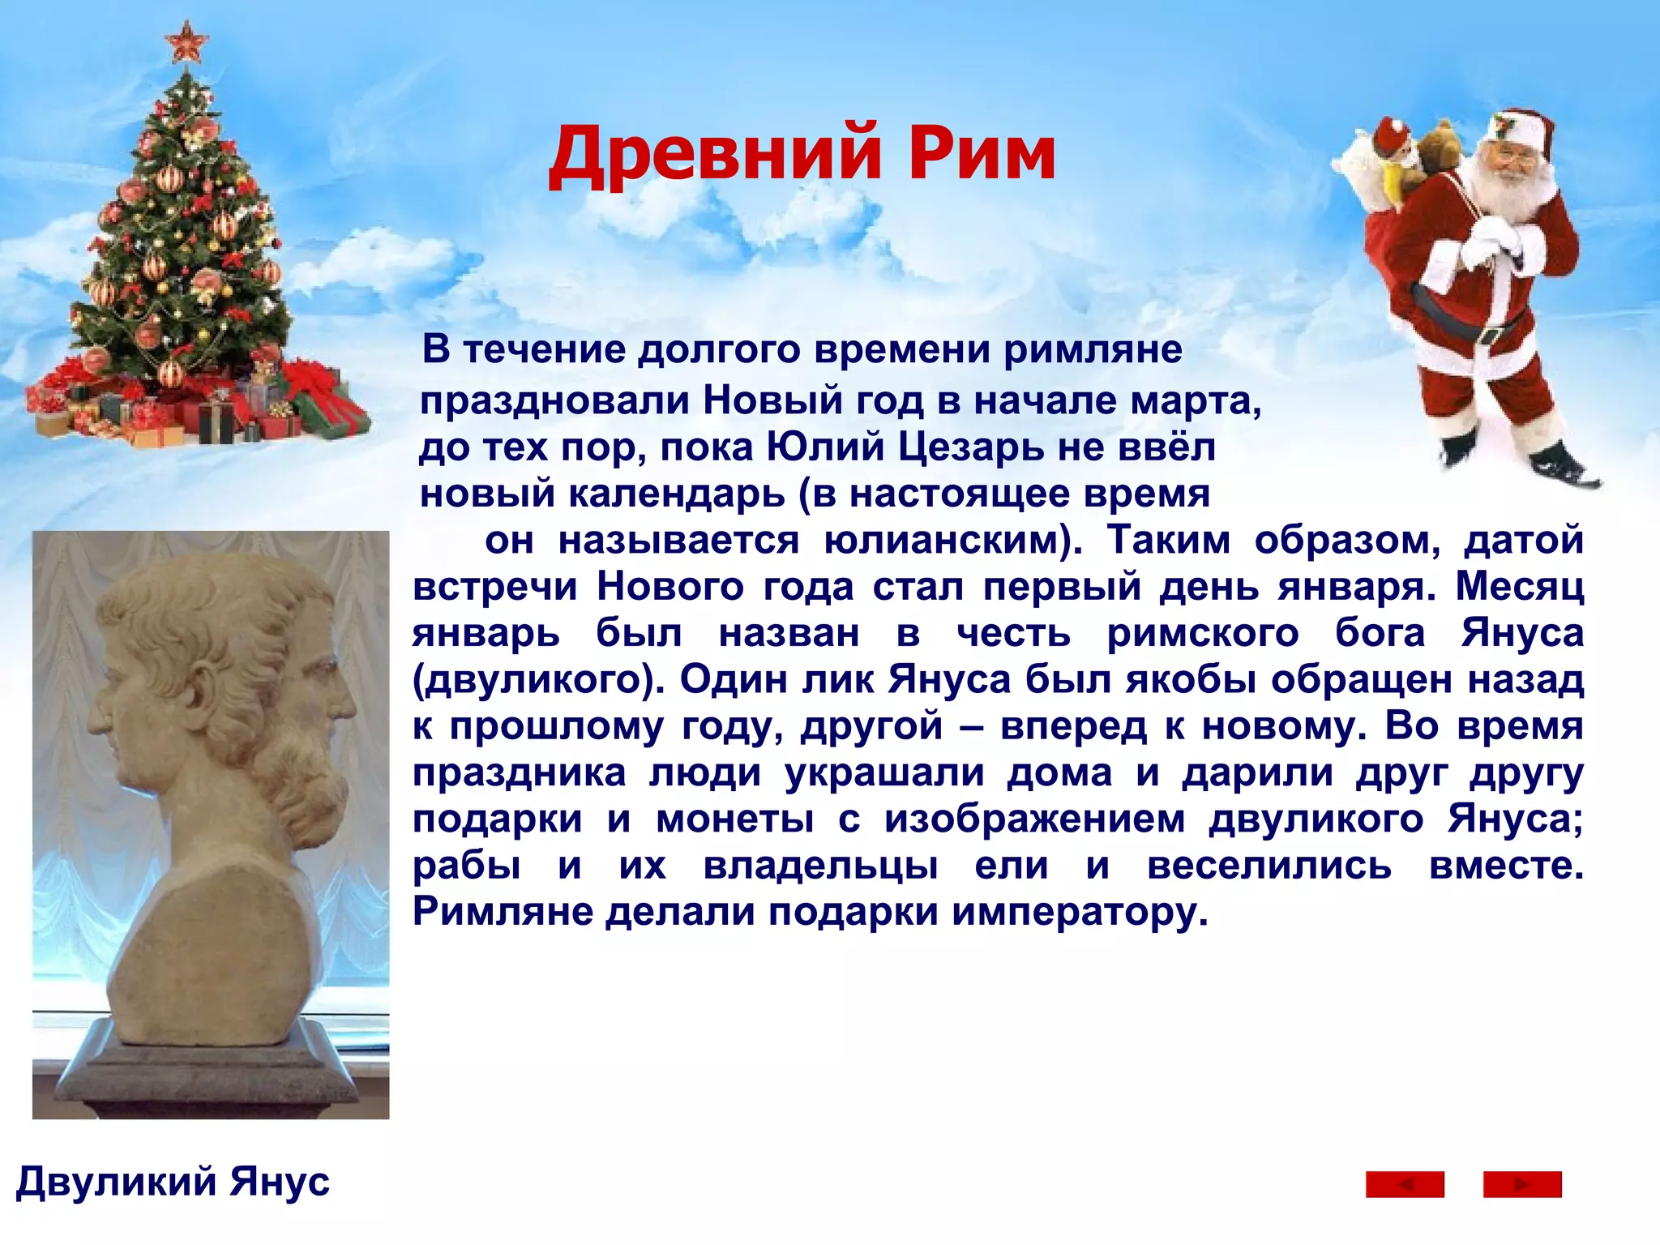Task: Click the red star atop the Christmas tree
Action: tap(186, 41)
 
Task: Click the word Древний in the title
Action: tap(714, 154)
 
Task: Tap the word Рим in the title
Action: tap(982, 154)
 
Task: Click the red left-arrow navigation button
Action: tap(1405, 1184)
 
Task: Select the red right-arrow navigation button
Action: tap(1521, 1184)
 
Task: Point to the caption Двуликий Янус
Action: tap(173, 1182)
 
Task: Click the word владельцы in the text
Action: tap(820, 866)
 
